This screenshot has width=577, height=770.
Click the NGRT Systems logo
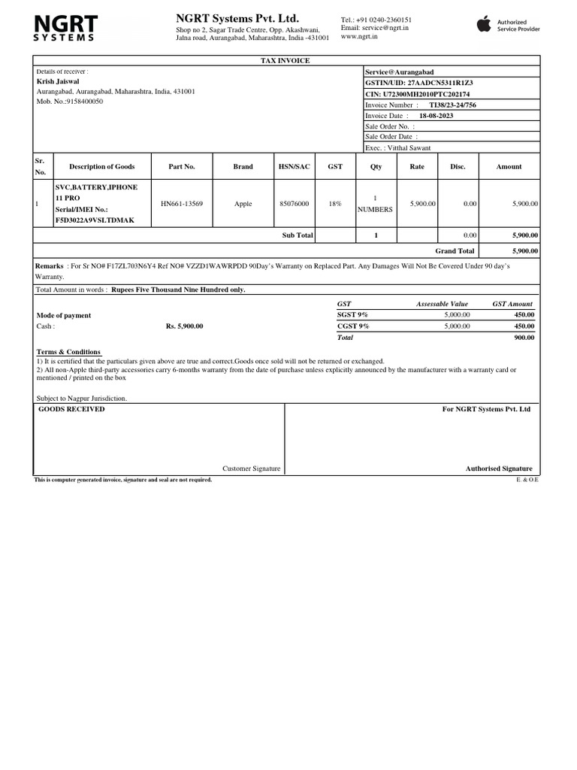click(64, 26)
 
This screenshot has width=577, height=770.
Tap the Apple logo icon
click(484, 25)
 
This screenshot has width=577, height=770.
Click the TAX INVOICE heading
click(285, 61)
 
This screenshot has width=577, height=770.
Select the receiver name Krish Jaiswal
click(58, 81)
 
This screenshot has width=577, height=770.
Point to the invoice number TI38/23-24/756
click(452, 105)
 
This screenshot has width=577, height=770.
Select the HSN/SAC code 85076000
click(294, 204)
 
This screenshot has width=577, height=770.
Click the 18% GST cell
click(334, 204)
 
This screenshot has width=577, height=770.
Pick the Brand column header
click(243, 167)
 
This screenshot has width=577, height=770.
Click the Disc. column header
click(458, 167)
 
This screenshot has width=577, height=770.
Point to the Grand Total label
click(455, 251)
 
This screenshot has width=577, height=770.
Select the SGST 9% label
click(352, 315)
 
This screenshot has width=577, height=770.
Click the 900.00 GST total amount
click(524, 338)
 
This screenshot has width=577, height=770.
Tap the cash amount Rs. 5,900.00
click(184, 326)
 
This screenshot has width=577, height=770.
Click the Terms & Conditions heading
click(68, 352)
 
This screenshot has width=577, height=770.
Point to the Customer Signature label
click(251, 468)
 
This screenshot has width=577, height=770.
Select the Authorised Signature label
click(498, 468)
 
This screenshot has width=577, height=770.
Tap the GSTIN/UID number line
click(418, 82)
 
